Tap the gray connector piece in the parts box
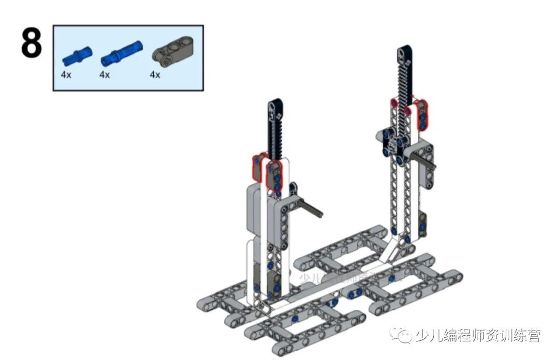click(171, 53)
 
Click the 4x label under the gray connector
click(155, 74)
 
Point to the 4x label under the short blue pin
click(66, 74)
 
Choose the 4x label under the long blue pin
click(105, 74)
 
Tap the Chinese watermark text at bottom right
click(477, 336)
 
